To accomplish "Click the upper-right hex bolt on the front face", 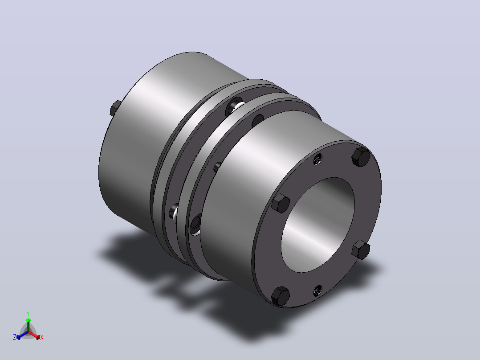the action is click(x=361, y=157).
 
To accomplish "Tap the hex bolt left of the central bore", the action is click(x=281, y=203).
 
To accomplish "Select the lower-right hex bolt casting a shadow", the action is click(x=361, y=250).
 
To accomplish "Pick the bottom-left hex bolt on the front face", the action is click(x=281, y=296).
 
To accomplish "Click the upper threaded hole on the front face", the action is click(x=318, y=159).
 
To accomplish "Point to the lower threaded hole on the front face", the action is click(x=318, y=290).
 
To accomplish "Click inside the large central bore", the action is click(x=318, y=225).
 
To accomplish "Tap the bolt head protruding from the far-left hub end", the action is click(x=115, y=108).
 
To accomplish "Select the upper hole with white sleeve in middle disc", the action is click(x=235, y=106).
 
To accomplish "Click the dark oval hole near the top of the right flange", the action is click(x=257, y=121).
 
